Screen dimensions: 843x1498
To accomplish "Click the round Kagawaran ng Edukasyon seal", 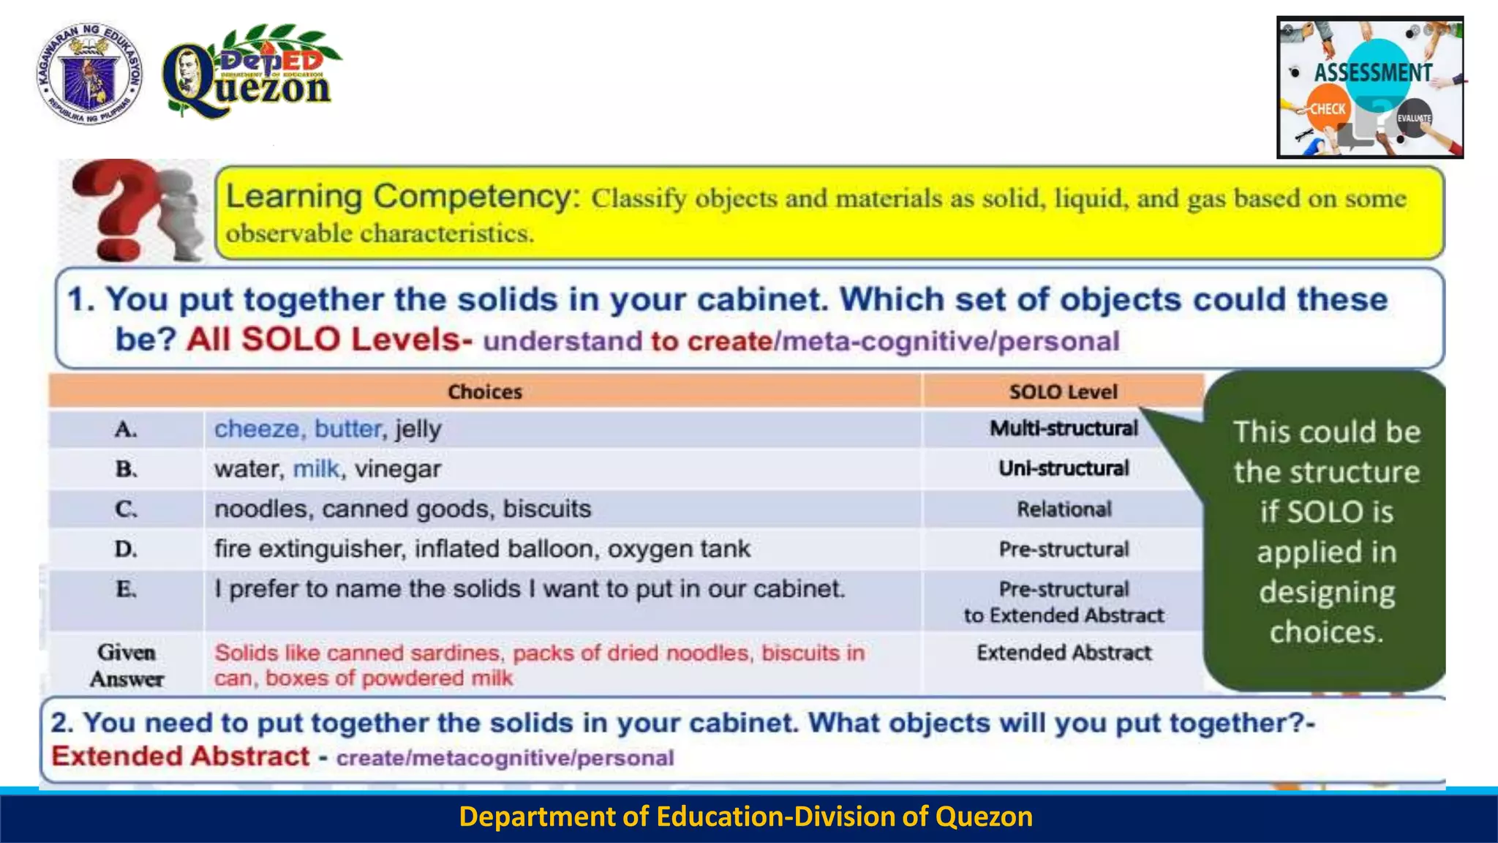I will [89, 73].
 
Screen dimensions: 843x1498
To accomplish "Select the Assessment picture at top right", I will [1369, 88].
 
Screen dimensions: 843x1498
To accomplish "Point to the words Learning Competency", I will [402, 197].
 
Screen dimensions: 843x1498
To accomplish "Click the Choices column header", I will [484, 392].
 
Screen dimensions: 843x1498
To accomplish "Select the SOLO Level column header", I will [1063, 392].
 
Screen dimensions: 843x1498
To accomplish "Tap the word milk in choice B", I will [316, 469].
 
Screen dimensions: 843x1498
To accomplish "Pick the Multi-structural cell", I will [1064, 429].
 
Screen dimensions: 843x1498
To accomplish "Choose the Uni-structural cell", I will [1064, 469].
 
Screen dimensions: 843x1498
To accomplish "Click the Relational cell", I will [1064, 509].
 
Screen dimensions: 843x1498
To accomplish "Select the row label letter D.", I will [126, 550].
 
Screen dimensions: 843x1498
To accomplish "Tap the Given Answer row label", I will [126, 665].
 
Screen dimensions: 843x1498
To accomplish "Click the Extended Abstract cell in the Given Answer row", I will [1064, 653].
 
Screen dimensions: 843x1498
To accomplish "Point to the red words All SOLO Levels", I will [329, 340].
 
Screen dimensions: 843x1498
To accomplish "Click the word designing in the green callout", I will [1326, 592].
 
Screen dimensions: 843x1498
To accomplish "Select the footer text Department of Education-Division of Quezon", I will [745, 817].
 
